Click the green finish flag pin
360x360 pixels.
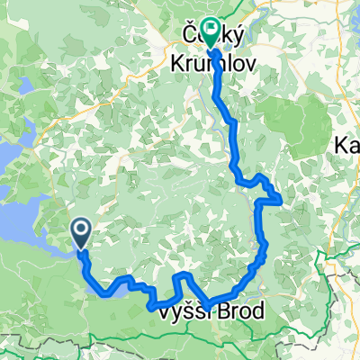point(211,34)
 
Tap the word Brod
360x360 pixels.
point(241,314)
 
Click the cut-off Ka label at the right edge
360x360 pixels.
point(347,145)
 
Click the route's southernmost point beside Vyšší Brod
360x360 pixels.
point(209,309)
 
